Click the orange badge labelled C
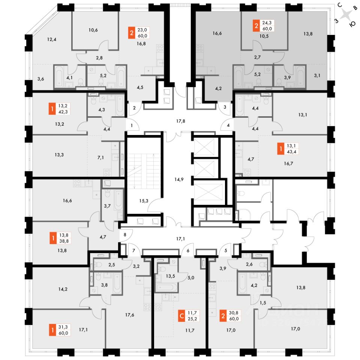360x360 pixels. (x=181, y=316)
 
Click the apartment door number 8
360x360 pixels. (x=125, y=235)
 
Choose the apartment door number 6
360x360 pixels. (x=188, y=250)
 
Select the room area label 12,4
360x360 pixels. (x=52, y=39)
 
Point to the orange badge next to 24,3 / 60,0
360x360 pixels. (x=256, y=26)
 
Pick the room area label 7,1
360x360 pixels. (x=100, y=157)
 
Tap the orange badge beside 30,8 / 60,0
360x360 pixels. (x=224, y=316)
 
